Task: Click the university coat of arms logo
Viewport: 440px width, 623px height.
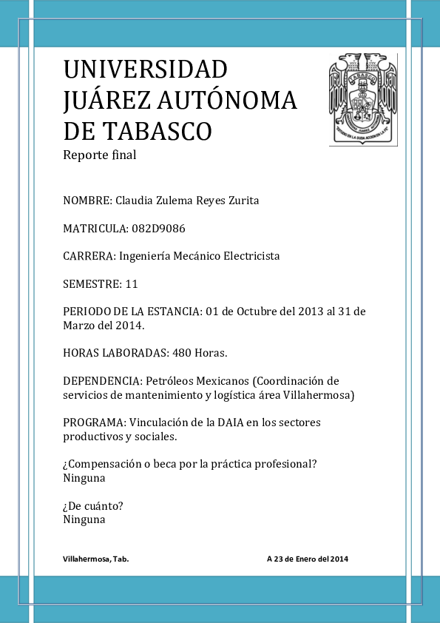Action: (x=362, y=99)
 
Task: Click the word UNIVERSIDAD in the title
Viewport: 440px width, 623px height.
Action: (x=146, y=70)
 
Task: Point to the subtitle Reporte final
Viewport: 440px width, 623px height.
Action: (x=100, y=155)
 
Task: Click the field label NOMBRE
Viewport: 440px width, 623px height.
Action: (x=87, y=201)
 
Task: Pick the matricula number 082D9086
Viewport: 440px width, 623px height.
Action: (x=162, y=228)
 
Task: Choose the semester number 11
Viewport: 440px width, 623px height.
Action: (x=132, y=283)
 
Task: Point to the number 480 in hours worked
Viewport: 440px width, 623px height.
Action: (x=182, y=353)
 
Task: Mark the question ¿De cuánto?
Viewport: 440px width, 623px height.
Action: (x=92, y=506)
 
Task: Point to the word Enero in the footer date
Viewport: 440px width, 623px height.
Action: (x=305, y=559)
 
